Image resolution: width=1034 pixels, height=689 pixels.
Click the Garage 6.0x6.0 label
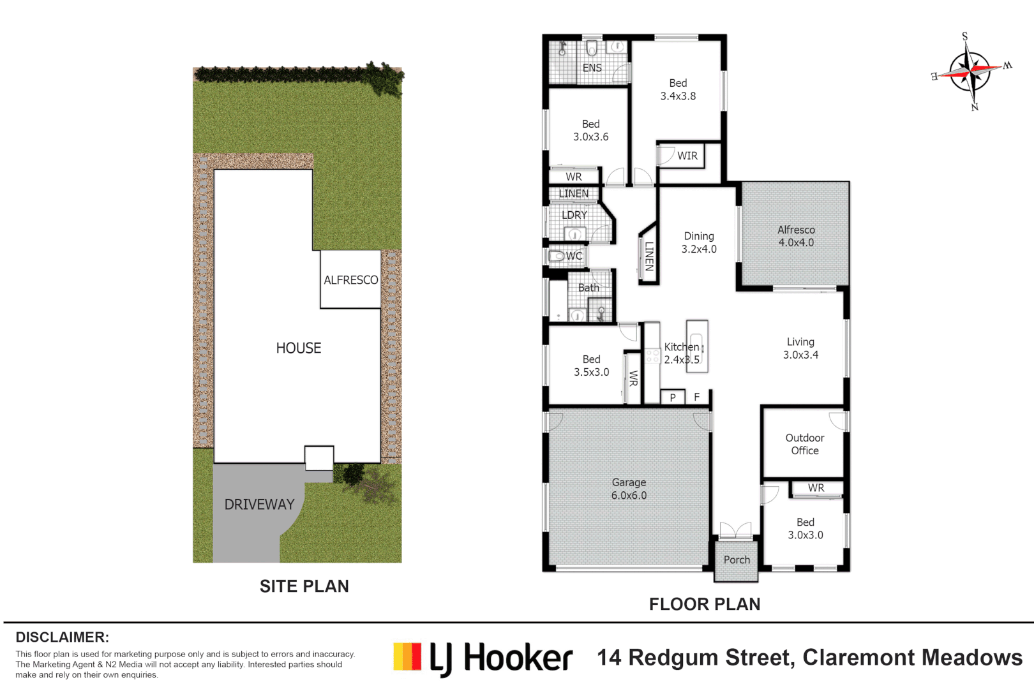tap(629, 489)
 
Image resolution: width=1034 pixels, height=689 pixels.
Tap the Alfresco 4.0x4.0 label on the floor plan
tap(796, 236)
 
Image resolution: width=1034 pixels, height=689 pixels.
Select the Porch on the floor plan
tap(737, 559)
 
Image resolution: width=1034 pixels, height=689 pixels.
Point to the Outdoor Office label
tap(805, 444)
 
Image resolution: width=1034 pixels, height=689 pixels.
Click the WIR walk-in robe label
tap(687, 156)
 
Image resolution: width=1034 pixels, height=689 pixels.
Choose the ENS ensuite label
tap(592, 68)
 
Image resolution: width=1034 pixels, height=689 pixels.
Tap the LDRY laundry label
tap(574, 215)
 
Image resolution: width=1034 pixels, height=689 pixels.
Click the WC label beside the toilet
tap(574, 256)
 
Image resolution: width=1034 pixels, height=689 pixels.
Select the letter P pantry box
tap(673, 397)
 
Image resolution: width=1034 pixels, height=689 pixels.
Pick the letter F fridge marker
tap(696, 397)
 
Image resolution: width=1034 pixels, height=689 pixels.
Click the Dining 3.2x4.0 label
tap(699, 242)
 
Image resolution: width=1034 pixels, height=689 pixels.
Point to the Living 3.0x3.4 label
tap(800, 348)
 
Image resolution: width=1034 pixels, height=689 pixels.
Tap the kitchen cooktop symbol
tap(652, 355)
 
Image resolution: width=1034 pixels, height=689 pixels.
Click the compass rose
tap(970, 72)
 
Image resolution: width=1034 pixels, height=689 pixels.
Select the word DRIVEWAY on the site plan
tap(259, 505)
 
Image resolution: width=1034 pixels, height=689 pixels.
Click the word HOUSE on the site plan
tap(298, 348)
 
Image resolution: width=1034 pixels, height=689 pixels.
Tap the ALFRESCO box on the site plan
tap(350, 279)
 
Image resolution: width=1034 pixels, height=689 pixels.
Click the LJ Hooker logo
tap(483, 658)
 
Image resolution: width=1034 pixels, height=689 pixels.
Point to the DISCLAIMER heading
tap(63, 637)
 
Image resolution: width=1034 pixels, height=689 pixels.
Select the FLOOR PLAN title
tap(705, 604)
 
